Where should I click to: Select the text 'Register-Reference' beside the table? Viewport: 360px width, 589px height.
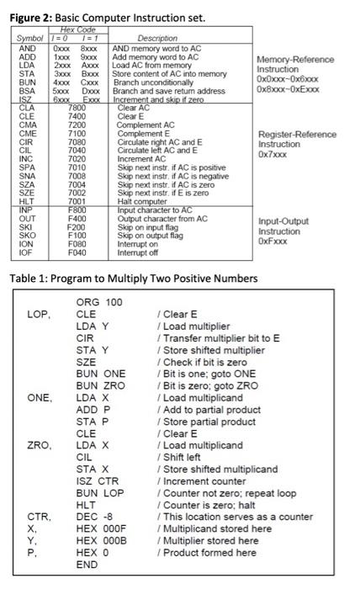[297, 135]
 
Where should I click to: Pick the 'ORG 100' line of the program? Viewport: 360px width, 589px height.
[98, 302]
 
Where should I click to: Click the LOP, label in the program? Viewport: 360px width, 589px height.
[40, 315]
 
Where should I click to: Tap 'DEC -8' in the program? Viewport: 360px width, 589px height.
[96, 516]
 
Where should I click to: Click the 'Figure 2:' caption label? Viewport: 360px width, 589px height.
[27, 18]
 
